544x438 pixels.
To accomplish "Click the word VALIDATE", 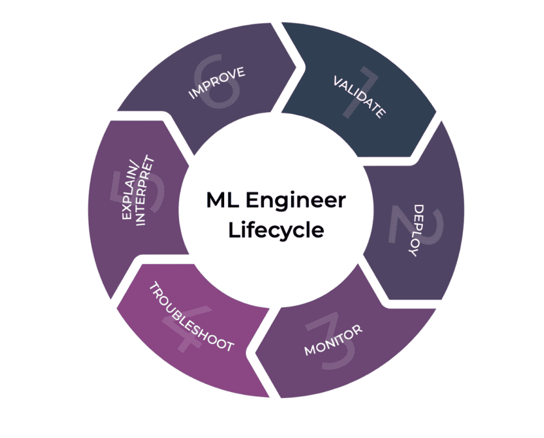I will click(359, 97).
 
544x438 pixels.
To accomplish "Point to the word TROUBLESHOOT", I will click(191, 316).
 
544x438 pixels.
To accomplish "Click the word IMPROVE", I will click(216, 83).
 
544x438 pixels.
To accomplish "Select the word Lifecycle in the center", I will click(276, 230).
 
